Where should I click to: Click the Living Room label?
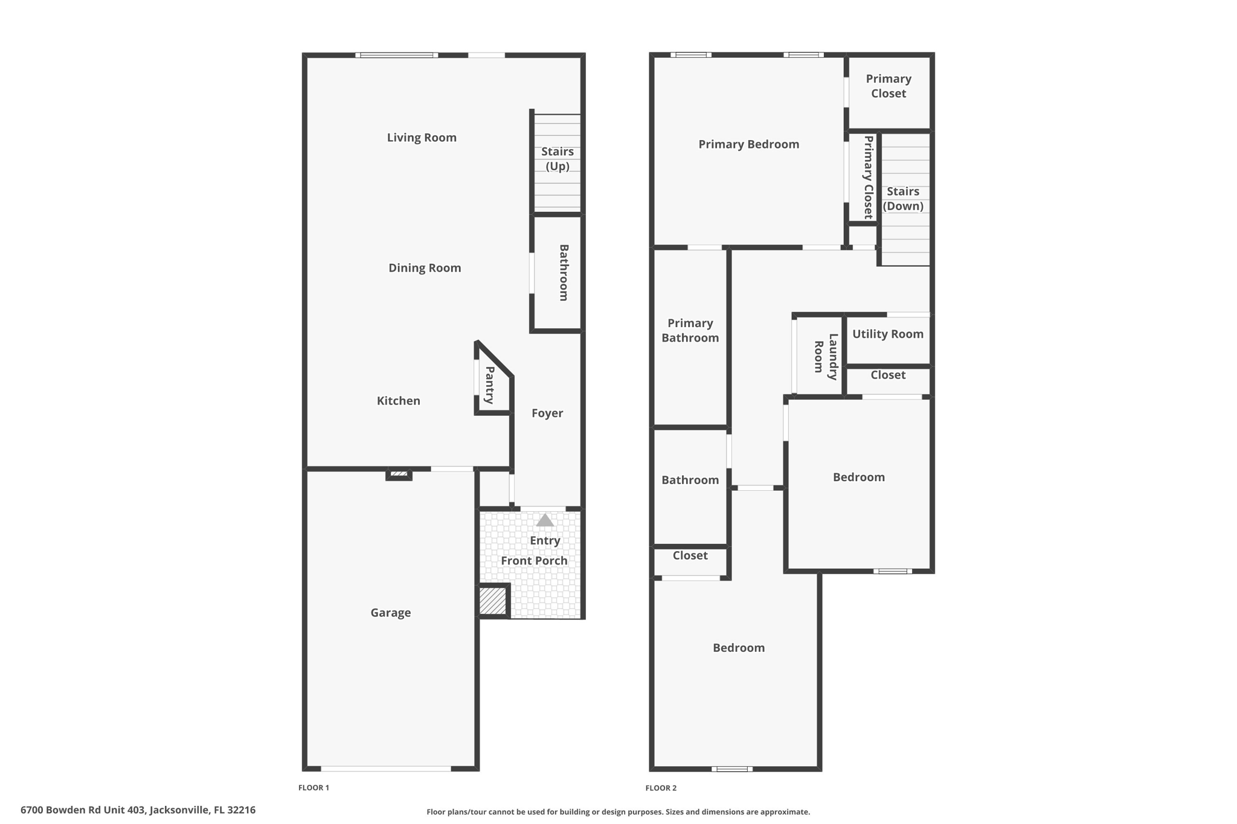click(422, 138)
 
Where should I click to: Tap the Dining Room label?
click(425, 268)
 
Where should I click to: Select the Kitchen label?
click(398, 401)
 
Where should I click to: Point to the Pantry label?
click(490, 385)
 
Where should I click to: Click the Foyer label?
click(547, 414)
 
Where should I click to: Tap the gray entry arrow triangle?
click(545, 520)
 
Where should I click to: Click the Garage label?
click(391, 613)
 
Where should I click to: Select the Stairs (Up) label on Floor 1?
click(557, 159)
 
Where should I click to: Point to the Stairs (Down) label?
click(903, 199)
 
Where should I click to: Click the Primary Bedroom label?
click(748, 144)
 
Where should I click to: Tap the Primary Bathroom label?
click(690, 331)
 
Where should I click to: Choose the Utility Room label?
click(887, 334)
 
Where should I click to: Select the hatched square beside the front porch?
click(493, 601)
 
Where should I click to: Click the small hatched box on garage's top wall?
click(399, 474)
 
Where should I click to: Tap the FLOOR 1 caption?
click(313, 788)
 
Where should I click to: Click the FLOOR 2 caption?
click(661, 788)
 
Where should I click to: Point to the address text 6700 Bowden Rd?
click(138, 810)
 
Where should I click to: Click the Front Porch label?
click(534, 561)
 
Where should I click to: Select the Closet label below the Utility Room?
click(887, 375)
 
